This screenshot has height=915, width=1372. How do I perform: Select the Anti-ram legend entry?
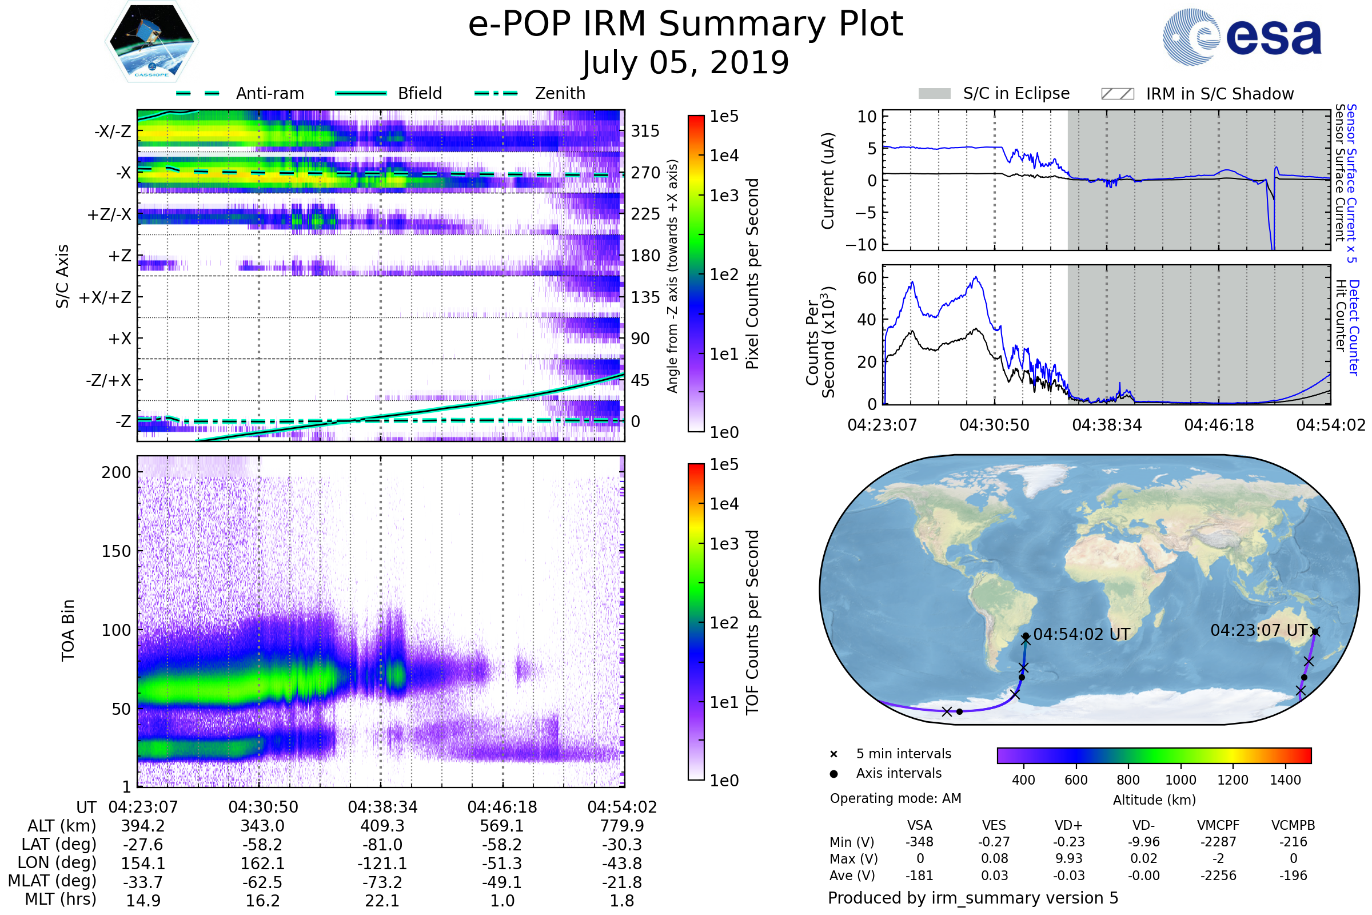[269, 93]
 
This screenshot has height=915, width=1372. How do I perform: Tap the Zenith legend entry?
[560, 93]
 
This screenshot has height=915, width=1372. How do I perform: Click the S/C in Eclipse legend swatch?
[934, 93]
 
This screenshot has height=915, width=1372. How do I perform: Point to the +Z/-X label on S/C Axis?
[109, 215]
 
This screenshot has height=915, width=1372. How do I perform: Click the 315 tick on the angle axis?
[645, 131]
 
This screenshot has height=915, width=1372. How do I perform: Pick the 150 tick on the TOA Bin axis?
[116, 551]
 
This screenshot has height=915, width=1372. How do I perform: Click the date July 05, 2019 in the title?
[685, 63]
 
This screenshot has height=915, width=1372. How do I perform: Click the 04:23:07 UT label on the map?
[1258, 630]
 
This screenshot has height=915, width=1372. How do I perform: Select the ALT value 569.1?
[502, 826]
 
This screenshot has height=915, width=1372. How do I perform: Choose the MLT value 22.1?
[382, 900]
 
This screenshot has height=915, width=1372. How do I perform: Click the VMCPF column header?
[1218, 825]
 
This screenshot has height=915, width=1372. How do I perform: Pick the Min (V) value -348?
[919, 842]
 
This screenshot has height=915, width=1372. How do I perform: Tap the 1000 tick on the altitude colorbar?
[1180, 780]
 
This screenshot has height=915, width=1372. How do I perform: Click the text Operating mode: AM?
[895, 798]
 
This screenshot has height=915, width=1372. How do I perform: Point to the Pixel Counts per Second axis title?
[752, 273]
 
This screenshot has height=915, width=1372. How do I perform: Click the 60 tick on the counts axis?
[867, 278]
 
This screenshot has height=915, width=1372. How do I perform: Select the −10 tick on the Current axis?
[862, 245]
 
